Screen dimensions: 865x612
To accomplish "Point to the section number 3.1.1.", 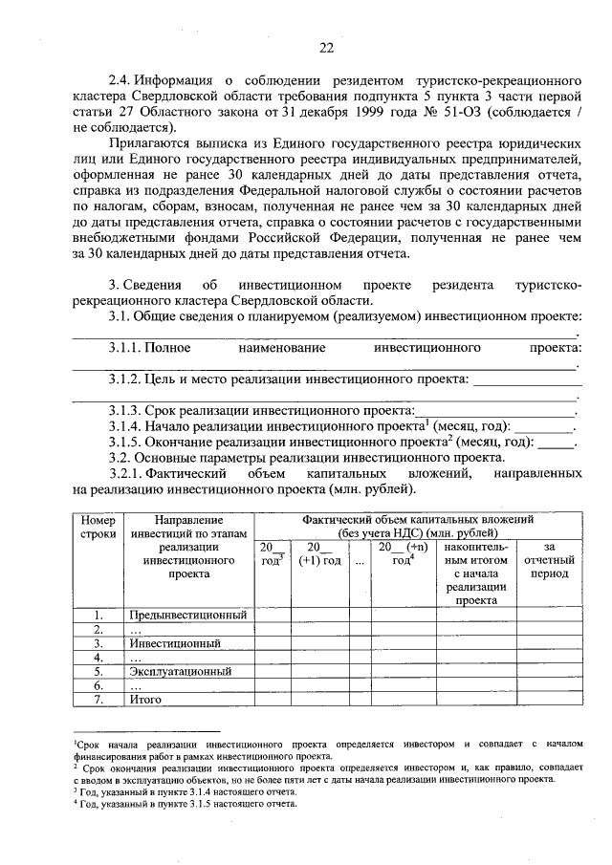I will [130, 350].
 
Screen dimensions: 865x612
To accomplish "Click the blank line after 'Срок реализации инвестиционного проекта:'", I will [494, 412].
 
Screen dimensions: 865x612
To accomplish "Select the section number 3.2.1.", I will [130, 473].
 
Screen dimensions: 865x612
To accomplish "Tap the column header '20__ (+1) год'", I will [318, 553].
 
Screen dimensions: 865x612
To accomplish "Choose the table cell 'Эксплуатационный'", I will [180, 672].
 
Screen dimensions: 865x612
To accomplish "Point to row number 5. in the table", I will [98, 672].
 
